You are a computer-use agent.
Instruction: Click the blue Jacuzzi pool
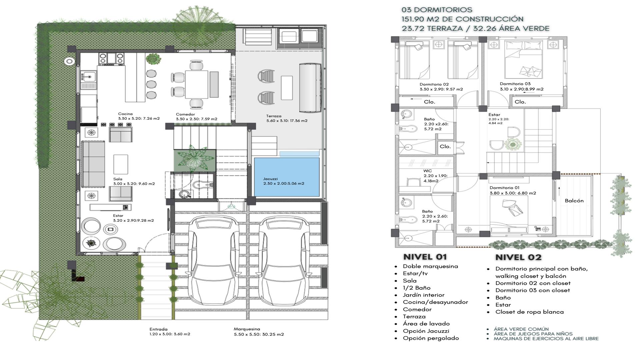pyautogui.click(x=287, y=177)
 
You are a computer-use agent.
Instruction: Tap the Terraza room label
pyautogui.click(x=274, y=116)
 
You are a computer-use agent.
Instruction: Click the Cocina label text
pyautogui.click(x=125, y=114)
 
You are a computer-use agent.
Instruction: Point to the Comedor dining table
pyautogui.click(x=197, y=84)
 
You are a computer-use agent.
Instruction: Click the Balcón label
pyautogui.click(x=574, y=201)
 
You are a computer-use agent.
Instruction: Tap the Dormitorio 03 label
pyautogui.click(x=515, y=84)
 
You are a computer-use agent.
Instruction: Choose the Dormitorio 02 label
pyautogui.click(x=434, y=84)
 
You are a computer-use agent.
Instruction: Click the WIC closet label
pyautogui.click(x=427, y=171)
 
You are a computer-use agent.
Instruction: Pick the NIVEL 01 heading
pyautogui.click(x=425, y=257)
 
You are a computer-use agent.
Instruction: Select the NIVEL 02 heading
pyautogui.click(x=518, y=257)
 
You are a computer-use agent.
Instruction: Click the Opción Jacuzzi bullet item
pyautogui.click(x=426, y=331)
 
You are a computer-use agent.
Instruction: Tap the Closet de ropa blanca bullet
pyautogui.click(x=529, y=312)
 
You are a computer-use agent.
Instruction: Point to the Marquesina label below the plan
pyautogui.click(x=247, y=329)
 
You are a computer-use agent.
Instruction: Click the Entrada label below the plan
pyautogui.click(x=158, y=329)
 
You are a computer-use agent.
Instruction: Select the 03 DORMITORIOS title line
pyautogui.click(x=437, y=10)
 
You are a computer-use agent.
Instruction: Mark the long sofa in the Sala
pyautogui.click(x=93, y=164)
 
